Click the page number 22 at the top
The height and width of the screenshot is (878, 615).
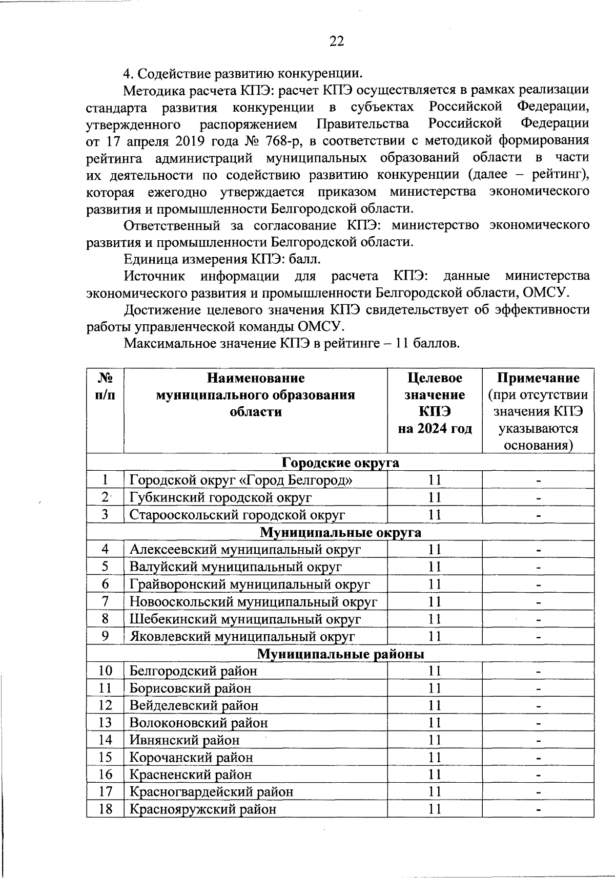click(336, 41)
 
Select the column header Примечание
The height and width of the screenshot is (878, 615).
click(538, 378)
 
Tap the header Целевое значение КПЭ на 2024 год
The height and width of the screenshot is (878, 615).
click(435, 403)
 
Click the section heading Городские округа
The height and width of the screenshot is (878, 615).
click(340, 463)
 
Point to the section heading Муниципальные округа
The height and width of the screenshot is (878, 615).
click(340, 532)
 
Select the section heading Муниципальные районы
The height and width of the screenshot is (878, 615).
click(340, 654)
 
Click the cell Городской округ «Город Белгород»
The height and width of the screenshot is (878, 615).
click(241, 480)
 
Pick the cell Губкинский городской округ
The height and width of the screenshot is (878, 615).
click(220, 497)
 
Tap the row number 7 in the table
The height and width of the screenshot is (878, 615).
click(105, 601)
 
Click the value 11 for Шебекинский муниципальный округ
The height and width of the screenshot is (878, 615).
click(435, 619)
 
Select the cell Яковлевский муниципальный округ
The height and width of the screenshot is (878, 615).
click(242, 637)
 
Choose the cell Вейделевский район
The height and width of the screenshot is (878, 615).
click(194, 705)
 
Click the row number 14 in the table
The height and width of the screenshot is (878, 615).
click(105, 740)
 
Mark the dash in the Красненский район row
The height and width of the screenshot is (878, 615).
click(538, 775)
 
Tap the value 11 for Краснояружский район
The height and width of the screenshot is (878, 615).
click(435, 809)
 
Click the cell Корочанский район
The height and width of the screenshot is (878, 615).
click(191, 757)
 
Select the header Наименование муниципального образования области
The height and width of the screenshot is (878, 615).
click(255, 395)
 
